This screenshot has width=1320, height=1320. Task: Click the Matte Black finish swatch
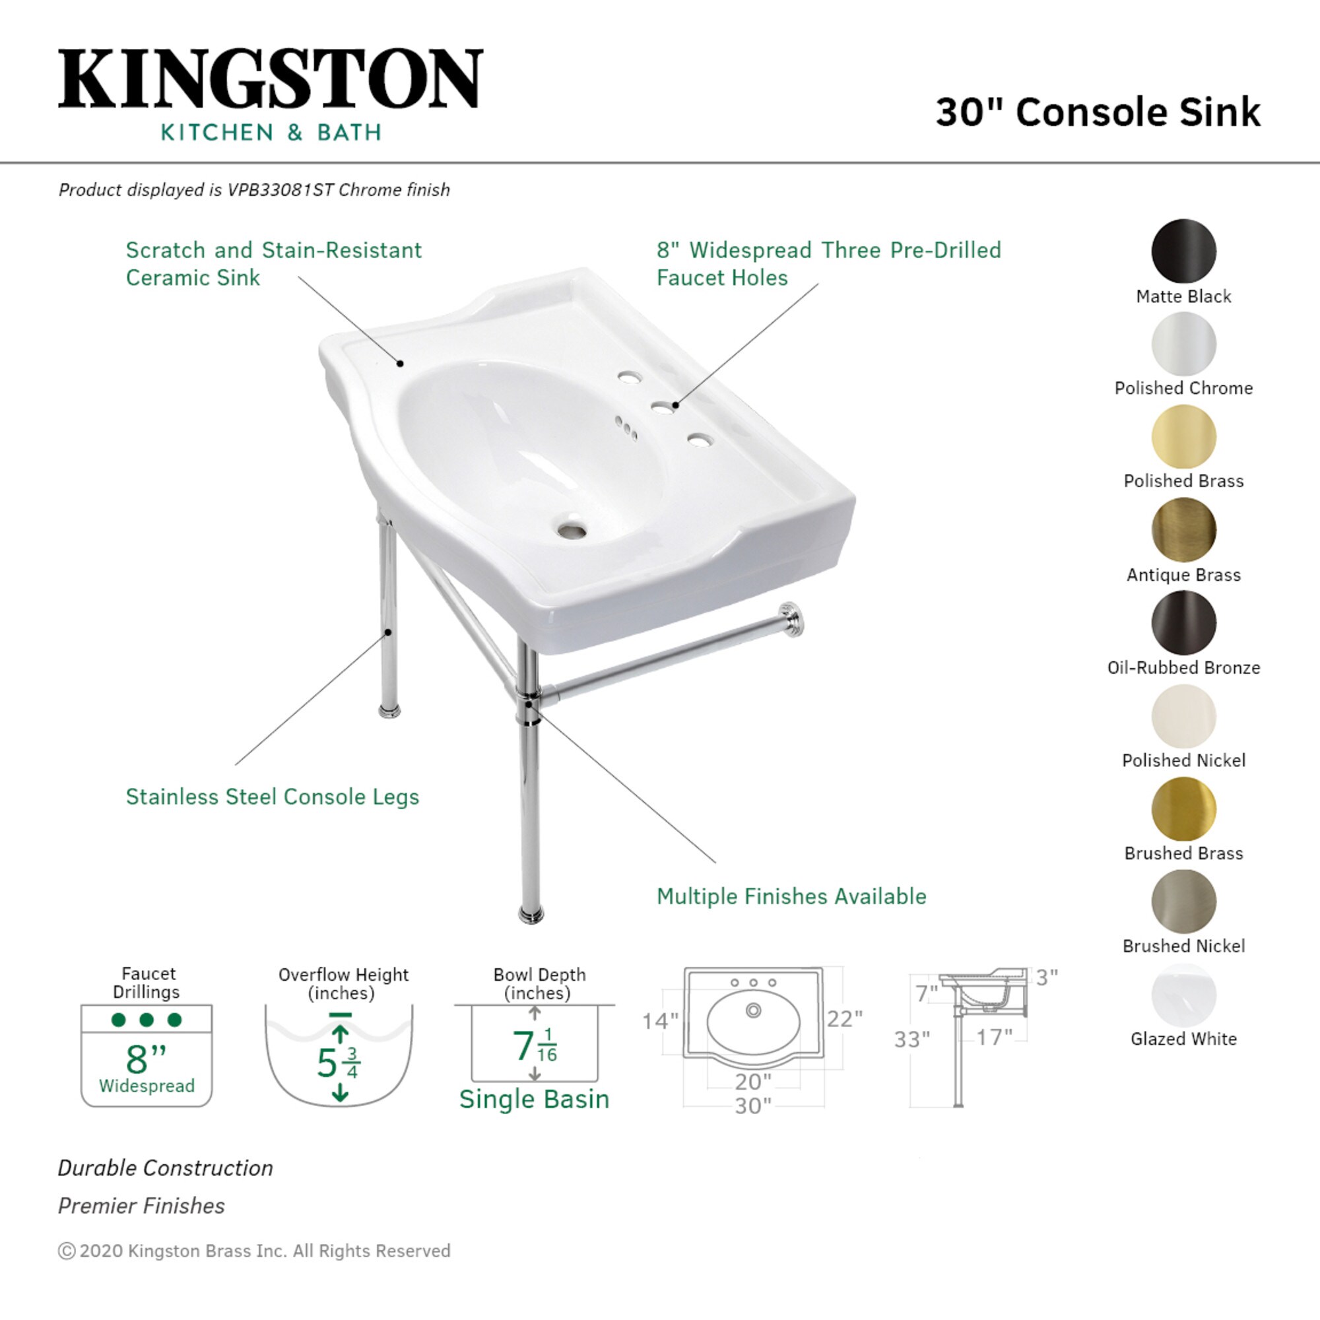(1183, 251)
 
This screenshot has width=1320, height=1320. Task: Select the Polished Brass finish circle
(1183, 436)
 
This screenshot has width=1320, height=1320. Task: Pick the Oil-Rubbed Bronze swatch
(1183, 622)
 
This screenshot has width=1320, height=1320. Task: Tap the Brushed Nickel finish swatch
(1183, 901)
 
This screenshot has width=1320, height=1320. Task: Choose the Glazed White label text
(1183, 1038)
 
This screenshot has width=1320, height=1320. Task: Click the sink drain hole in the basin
(571, 529)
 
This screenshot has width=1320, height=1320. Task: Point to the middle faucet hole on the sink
(661, 409)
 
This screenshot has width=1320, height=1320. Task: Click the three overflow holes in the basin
(626, 428)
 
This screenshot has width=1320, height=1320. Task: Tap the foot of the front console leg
(531, 914)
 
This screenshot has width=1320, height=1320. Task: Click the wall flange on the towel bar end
(791, 619)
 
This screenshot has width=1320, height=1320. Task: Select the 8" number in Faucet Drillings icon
(145, 1059)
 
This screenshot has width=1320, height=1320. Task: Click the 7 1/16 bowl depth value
(535, 1046)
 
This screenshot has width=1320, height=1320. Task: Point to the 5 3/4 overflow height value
(339, 1063)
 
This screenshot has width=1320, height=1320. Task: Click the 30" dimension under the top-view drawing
(752, 1105)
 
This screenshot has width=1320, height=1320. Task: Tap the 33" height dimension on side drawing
(912, 1040)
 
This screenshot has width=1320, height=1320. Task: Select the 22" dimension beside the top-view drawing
(845, 1018)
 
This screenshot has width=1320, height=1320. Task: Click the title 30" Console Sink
(1098, 113)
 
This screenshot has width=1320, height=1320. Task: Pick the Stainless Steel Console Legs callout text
(272, 797)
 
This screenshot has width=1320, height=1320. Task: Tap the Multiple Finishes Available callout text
(791, 896)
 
